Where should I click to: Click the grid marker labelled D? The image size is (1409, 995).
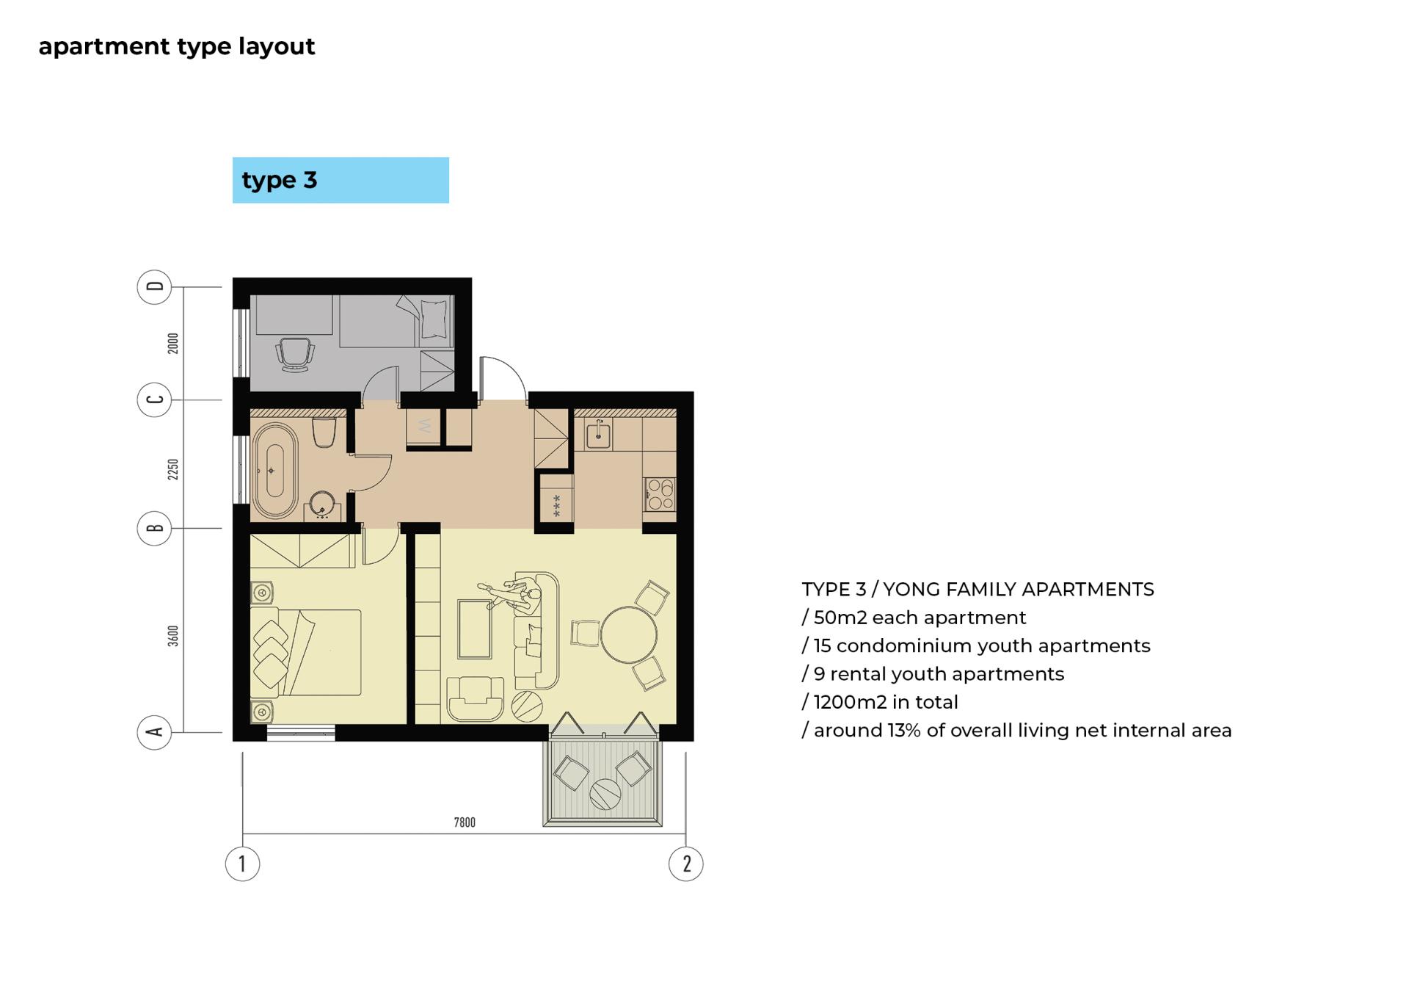pyautogui.click(x=154, y=286)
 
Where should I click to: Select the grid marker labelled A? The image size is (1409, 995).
pyautogui.click(x=154, y=731)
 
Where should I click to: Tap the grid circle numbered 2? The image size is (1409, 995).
pyautogui.click(x=686, y=864)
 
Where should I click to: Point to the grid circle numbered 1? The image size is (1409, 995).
pyautogui.click(x=242, y=864)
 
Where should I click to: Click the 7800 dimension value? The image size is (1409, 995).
pyautogui.click(x=465, y=822)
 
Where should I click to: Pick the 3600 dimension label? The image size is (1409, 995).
pyautogui.click(x=173, y=636)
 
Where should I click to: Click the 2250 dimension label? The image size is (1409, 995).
pyautogui.click(x=173, y=469)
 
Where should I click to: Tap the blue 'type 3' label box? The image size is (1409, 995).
pyautogui.click(x=341, y=180)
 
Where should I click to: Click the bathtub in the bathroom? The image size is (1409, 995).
pyautogui.click(x=275, y=471)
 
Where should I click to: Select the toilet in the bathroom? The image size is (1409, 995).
pyautogui.click(x=324, y=433)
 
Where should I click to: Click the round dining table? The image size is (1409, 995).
pyautogui.click(x=629, y=634)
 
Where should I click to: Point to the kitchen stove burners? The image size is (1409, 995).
pyautogui.click(x=660, y=494)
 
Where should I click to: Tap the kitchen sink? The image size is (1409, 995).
pyautogui.click(x=599, y=435)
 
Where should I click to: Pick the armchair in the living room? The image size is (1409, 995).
pyautogui.click(x=475, y=698)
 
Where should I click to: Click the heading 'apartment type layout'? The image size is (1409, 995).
pyautogui.click(x=177, y=46)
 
